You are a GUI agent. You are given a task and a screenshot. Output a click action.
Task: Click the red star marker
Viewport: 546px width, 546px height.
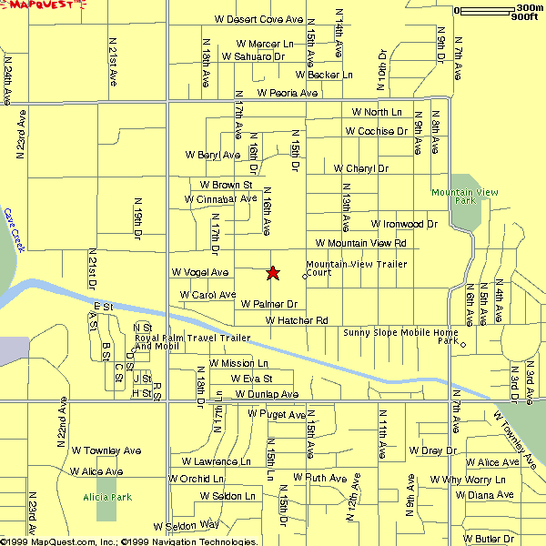pos(272,272)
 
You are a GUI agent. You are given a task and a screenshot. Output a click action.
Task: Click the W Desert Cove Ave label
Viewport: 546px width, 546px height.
pos(258,18)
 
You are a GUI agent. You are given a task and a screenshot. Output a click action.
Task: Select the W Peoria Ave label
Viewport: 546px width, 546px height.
pos(287,93)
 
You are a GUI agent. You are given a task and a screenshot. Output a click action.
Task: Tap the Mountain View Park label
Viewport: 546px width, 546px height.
pos(464,197)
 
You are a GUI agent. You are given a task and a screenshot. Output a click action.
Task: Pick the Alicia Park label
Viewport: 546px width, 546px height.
pos(107,497)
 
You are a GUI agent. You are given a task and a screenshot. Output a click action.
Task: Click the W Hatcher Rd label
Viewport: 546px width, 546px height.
pos(297,320)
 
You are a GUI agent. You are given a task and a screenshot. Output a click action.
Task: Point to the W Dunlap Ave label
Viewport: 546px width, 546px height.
pos(267,394)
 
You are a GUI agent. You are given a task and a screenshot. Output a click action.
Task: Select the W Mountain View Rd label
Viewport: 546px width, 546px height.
pos(360,243)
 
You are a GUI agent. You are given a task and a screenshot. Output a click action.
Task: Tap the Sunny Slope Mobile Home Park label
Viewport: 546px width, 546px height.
pos(400,336)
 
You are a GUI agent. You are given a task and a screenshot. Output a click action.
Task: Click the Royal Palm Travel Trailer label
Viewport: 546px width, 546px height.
pos(192,341)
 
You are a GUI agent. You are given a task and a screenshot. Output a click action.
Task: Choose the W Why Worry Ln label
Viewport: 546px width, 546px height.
pos(468,480)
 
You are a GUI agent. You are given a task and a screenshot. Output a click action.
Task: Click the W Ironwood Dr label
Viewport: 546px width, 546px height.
pos(404,223)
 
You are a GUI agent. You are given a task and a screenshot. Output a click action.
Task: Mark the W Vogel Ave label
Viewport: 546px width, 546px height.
pos(199,272)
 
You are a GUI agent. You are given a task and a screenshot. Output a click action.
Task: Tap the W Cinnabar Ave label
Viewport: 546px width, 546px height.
pos(220,198)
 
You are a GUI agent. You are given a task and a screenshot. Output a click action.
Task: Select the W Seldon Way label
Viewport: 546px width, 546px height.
pos(186,525)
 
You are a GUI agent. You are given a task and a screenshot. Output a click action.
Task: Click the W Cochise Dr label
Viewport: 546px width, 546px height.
pos(376,131)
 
